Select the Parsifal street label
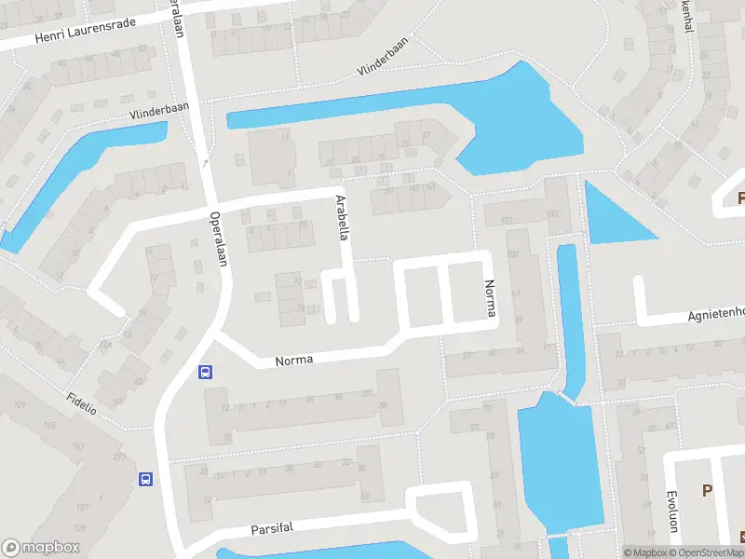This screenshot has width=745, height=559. pos(272,528)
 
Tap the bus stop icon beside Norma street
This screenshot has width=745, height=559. pos(205,372)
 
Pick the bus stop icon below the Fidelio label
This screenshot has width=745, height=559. pos(146,479)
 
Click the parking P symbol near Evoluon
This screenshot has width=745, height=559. pos(706,490)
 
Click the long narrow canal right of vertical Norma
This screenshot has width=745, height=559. pos(570,317)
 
